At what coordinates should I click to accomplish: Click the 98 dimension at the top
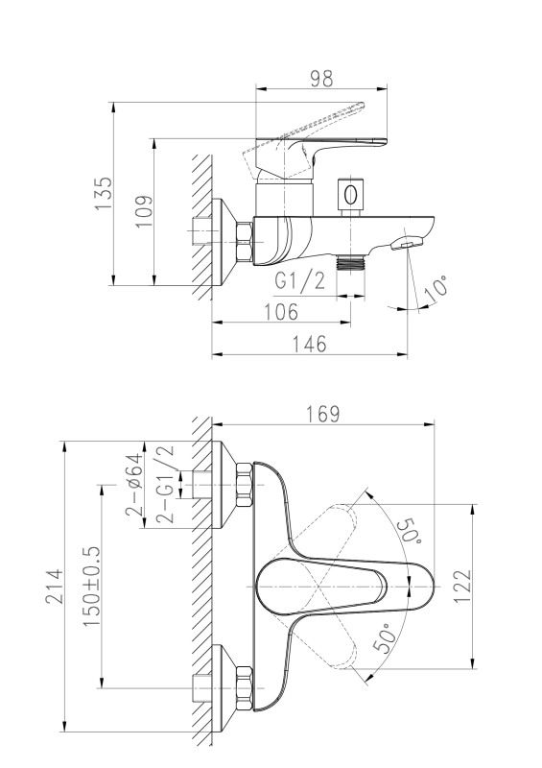[x=321, y=79]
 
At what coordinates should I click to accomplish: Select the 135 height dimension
[x=104, y=194]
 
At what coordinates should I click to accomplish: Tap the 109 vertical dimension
[x=144, y=211]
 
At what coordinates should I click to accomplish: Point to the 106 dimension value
[x=281, y=311]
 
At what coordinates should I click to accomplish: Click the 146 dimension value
[x=309, y=344]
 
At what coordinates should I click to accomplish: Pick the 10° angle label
[x=436, y=289]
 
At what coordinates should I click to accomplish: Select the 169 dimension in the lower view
[x=322, y=414]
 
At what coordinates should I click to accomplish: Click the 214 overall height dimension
[x=55, y=587]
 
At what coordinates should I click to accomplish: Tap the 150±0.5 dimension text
[x=91, y=587]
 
